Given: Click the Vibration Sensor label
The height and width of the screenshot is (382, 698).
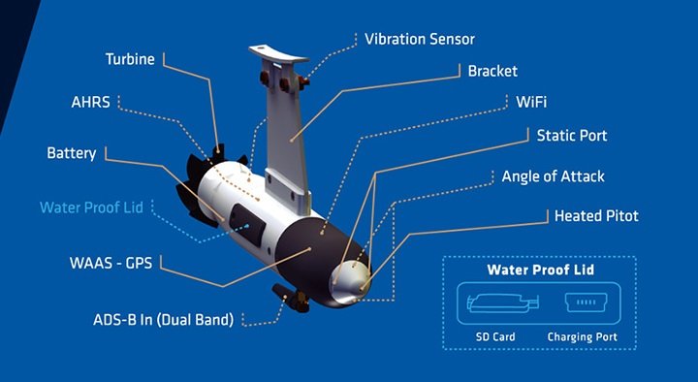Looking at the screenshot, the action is pos(420,39).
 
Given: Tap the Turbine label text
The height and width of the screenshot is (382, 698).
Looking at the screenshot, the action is pos(130,59).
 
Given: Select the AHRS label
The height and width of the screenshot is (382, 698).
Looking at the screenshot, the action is pos(90,102).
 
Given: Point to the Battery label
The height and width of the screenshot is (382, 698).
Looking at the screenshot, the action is pos(72,153).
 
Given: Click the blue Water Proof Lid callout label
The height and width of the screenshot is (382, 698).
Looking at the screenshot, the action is pos(91,207).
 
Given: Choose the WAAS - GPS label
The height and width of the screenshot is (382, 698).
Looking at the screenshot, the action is pos(111,263).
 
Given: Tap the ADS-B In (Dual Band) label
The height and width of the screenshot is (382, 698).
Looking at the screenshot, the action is pos(164,320).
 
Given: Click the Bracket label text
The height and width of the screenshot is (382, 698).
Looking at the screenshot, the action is pos(492,71).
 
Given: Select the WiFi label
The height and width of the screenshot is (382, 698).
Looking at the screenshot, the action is pos(531,102).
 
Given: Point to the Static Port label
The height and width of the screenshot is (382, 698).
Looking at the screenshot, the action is pos(572,136).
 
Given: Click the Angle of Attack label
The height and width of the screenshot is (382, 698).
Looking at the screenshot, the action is pos(554,176).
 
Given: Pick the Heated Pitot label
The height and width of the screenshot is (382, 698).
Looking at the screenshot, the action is pos(596,216).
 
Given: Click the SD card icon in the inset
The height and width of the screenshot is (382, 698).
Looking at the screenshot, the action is pos(503,302).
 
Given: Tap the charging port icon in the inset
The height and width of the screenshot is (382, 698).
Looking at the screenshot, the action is pos(587,302).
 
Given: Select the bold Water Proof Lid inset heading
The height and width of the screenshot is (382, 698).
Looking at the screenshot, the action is pos(540,270).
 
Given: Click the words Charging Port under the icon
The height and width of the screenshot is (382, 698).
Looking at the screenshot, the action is pos(583,337).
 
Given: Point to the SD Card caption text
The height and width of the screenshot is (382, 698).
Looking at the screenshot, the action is pos(495,336).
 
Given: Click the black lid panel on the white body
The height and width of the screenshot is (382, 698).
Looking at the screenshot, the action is pos(248,225).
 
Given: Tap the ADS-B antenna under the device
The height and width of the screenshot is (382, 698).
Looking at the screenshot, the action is pos(291,298).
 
